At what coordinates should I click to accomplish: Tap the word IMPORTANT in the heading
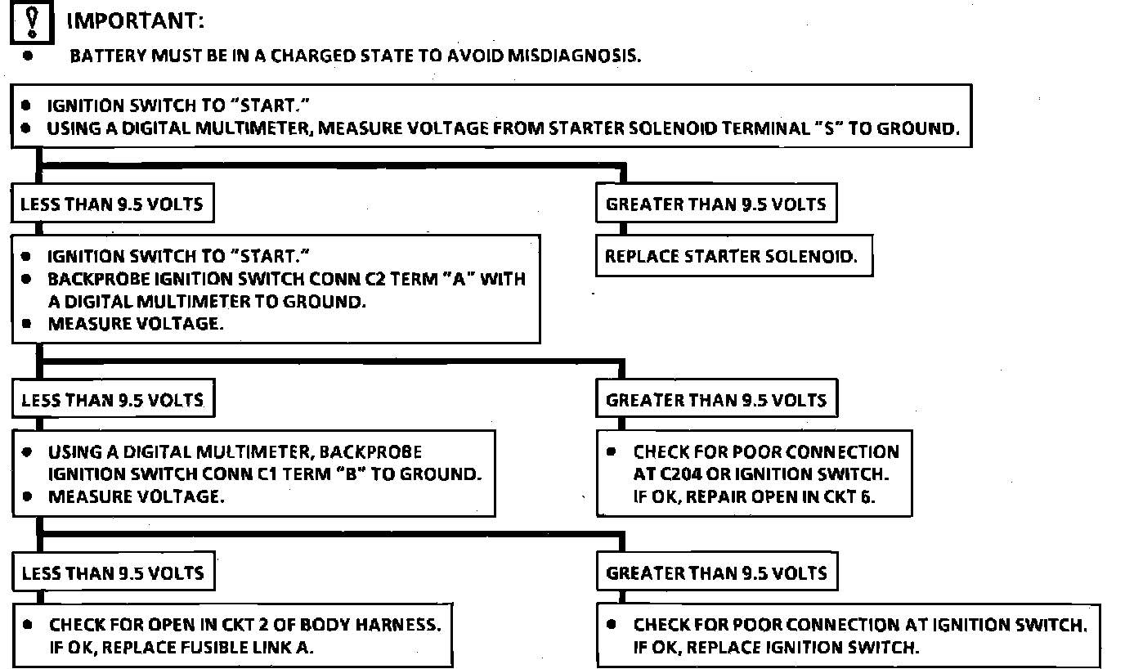[x=135, y=21]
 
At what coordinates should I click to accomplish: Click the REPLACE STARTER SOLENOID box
[x=731, y=257]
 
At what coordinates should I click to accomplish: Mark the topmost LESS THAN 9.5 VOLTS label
[x=112, y=204]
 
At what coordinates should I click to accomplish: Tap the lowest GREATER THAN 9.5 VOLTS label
[x=716, y=573]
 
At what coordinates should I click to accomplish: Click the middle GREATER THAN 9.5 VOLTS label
[x=716, y=401]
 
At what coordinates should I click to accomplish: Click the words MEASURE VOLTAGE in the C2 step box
[x=134, y=324]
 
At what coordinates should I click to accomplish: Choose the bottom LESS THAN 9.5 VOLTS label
[x=112, y=573]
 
